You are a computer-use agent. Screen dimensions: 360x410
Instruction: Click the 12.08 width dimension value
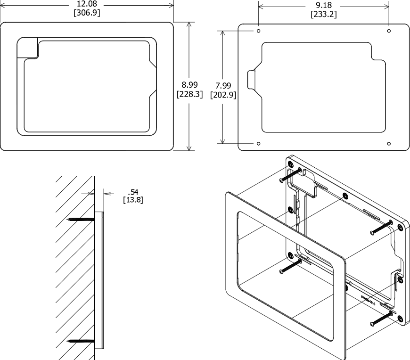87,4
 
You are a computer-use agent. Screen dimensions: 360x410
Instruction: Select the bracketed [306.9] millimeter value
87,13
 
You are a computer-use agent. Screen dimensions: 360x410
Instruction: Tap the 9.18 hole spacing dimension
323,5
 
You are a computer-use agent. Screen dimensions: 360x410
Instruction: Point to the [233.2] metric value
323,14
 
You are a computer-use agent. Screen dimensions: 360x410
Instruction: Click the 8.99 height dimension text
189,85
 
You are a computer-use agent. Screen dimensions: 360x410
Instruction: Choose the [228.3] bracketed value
189,94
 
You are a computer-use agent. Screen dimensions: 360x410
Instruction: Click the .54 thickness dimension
133,191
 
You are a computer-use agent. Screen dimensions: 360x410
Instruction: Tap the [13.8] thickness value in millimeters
133,200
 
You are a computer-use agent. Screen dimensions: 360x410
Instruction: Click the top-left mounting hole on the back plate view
258,31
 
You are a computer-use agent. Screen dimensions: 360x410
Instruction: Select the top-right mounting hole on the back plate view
389,31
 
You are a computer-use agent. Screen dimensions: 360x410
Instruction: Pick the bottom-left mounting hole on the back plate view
258,143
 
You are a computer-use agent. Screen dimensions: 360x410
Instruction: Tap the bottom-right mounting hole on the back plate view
389,143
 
